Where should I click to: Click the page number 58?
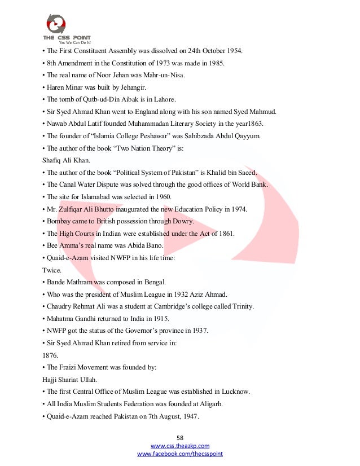tap(180, 437)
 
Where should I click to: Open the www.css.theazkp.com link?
tap(180, 446)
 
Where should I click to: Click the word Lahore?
tap(164, 99)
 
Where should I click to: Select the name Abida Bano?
tap(129, 245)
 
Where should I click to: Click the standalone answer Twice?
tap(51, 270)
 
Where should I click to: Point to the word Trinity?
tap(240, 306)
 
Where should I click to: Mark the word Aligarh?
tap(217, 403)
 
